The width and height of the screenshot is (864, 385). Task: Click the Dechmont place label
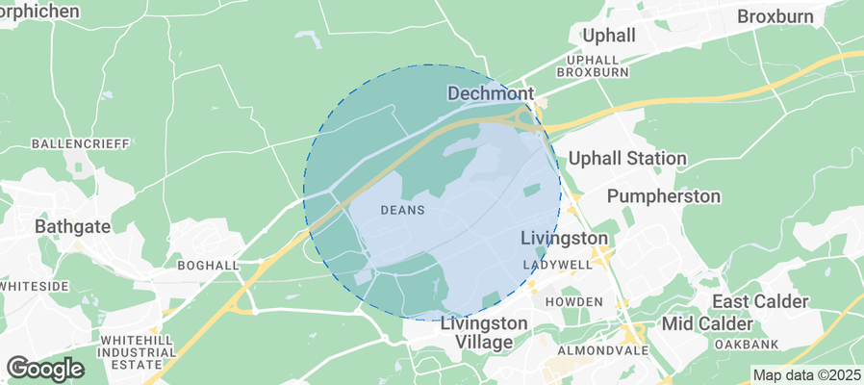pyautogui.click(x=491, y=93)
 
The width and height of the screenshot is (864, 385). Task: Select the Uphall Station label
pyautogui.click(x=627, y=158)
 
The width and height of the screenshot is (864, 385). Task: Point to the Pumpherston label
pyautogui.click(x=664, y=196)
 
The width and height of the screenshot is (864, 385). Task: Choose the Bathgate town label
pyautogui.click(x=73, y=227)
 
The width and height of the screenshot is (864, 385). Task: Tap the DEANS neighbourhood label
pyautogui.click(x=403, y=209)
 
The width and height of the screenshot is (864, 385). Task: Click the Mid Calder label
pyautogui.click(x=705, y=321)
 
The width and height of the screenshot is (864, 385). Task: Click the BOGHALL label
pyautogui.click(x=208, y=264)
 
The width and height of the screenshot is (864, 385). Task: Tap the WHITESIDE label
pyautogui.click(x=35, y=287)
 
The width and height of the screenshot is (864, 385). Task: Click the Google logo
pyautogui.click(x=45, y=368)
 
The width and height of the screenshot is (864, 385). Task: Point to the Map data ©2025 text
pyautogui.click(x=806, y=375)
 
